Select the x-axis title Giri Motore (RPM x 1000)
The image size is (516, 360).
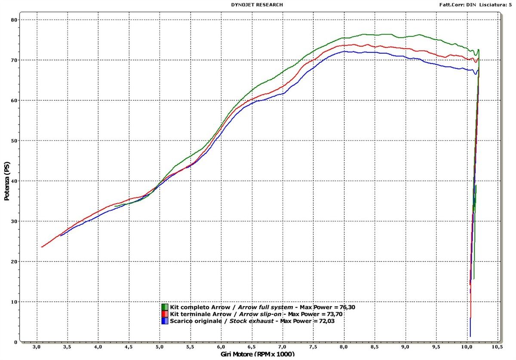point(258,354)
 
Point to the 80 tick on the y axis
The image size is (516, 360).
point(14,20)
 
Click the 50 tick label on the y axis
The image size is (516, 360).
point(14,140)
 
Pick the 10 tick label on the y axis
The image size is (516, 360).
point(14,302)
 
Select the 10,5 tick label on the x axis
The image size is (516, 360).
point(498,346)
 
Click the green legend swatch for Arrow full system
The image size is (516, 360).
point(165,307)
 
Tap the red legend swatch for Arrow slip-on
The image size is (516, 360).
point(165,314)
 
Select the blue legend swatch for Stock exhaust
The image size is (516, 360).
point(165,321)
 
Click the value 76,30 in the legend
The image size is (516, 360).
point(346,307)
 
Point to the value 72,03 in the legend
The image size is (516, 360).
point(324,321)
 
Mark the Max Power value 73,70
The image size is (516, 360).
point(334,314)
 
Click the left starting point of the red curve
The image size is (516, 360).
point(42,247)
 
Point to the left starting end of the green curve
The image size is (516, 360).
point(115,206)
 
